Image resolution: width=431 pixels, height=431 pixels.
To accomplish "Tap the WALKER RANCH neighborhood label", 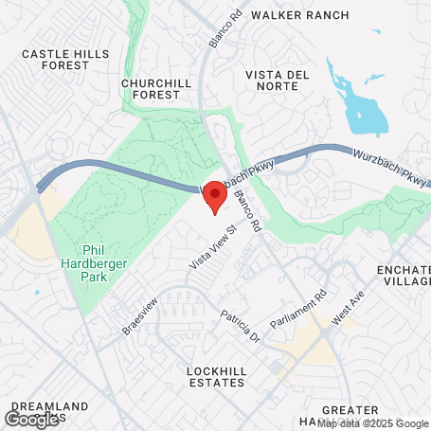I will click(300, 15).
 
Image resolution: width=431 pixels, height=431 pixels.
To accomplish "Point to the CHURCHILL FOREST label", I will click(157, 88).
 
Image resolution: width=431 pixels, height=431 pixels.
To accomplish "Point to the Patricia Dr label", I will click(240, 326).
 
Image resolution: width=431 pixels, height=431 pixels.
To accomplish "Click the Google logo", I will click(32, 419).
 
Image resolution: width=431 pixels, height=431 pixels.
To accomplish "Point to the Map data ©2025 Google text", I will click(372, 422).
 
